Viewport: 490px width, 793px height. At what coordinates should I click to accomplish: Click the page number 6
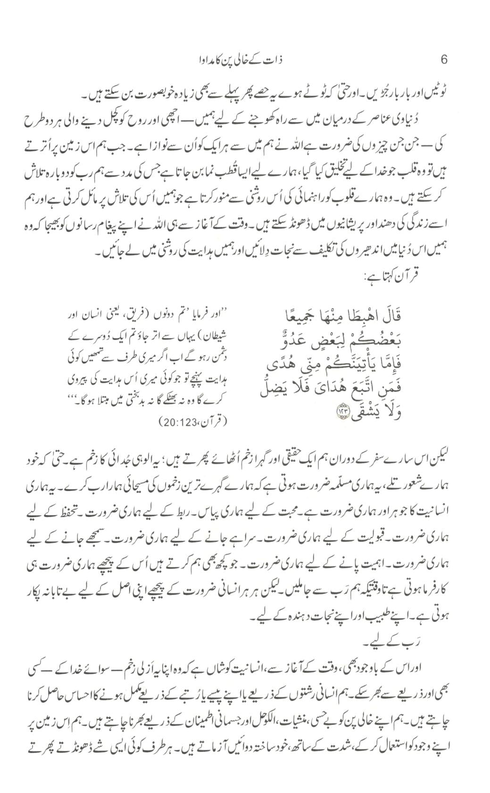point(443,60)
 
